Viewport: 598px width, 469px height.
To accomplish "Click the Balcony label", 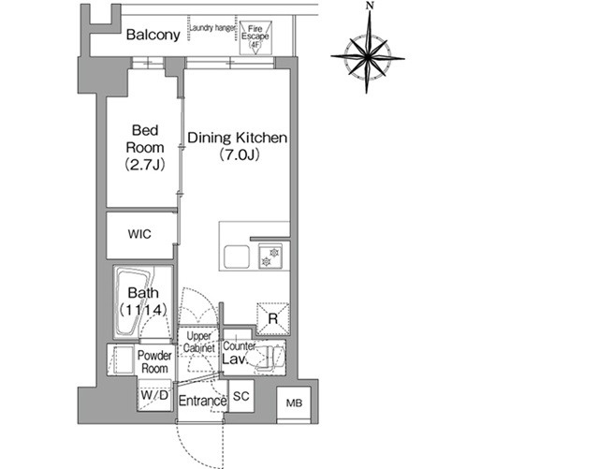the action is point(153,35).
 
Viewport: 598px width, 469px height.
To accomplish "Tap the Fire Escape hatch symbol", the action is point(255,37).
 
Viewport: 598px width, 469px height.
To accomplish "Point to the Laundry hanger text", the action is point(212,28).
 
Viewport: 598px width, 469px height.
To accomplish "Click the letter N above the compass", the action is point(369,6).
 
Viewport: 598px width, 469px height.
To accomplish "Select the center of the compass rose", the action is point(368,57).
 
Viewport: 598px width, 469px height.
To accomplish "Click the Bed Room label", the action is point(145,139).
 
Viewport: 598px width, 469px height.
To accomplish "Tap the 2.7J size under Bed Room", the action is point(145,165).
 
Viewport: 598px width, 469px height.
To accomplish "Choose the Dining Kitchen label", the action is point(237,138).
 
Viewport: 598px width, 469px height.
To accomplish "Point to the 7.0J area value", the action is point(240,155).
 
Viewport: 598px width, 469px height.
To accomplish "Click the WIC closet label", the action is point(139,234).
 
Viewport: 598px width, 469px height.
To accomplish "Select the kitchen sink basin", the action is point(237,256).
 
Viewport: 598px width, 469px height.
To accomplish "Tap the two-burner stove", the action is point(270,256).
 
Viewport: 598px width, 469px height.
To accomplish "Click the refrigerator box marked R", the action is point(272,318).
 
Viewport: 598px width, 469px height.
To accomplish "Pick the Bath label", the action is point(143,293).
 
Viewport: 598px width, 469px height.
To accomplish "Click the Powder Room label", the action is point(154,361).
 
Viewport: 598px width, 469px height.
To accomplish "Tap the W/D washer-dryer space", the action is point(154,395).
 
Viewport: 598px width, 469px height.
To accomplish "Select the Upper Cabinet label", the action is point(199,342).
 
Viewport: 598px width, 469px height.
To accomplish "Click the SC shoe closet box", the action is point(241,396).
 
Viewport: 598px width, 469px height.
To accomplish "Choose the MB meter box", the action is point(294,403).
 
